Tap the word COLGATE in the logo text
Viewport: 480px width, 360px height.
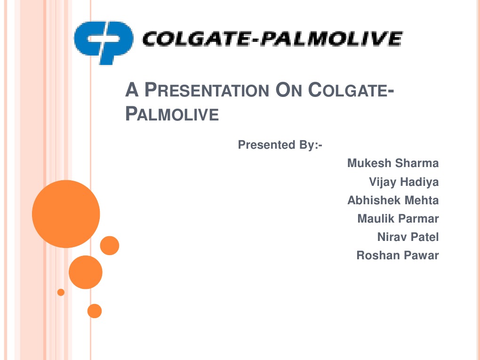coord(193,39)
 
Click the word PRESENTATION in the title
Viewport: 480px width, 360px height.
coord(208,90)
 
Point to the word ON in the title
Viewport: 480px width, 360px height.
coord(290,90)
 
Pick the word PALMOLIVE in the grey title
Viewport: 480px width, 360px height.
coord(172,114)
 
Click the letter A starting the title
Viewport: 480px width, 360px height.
coord(131,90)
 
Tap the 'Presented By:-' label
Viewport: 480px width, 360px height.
coord(280,145)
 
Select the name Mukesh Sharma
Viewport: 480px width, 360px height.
coord(392,163)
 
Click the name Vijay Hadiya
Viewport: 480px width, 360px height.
coord(404,182)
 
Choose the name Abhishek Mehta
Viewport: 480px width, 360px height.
coord(392,200)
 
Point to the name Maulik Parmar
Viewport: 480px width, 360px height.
coord(398,219)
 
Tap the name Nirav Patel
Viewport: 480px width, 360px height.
coord(408,237)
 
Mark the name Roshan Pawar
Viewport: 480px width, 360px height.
coord(397,256)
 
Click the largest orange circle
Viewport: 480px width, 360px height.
coord(66,214)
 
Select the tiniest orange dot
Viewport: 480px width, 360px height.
coord(61,292)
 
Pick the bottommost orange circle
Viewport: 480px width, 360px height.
coord(95,311)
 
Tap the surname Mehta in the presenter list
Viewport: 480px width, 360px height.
coord(422,200)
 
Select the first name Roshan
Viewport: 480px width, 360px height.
coord(375,256)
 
